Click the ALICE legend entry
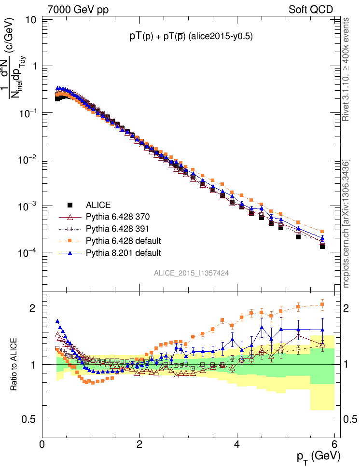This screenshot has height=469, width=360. [x=98, y=205]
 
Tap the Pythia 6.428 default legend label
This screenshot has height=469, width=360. [x=123, y=240]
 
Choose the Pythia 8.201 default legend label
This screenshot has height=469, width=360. [x=123, y=252]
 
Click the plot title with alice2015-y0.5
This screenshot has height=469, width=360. [x=191, y=36]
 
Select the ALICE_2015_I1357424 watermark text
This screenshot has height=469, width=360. [x=191, y=273]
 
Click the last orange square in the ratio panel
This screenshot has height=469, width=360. [x=322, y=304]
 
